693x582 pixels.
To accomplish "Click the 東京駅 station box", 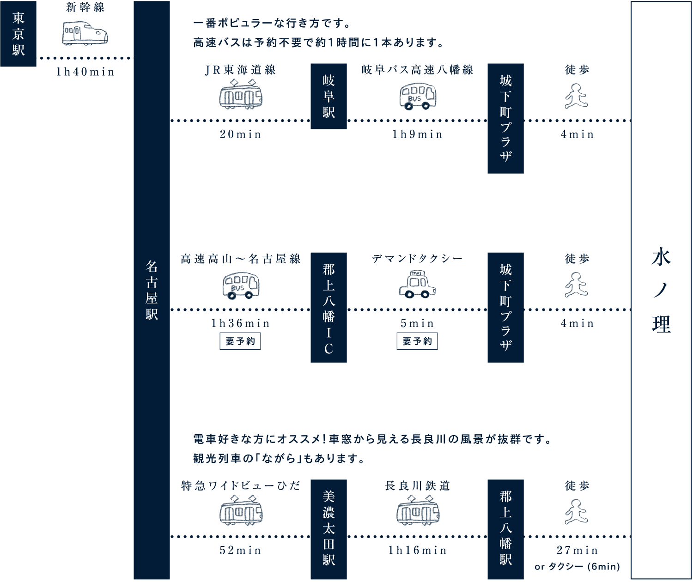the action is [18, 34].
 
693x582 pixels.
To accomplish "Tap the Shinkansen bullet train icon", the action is [85, 34].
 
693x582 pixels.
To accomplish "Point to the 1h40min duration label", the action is [85, 72].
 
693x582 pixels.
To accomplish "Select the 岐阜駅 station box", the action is [328, 96].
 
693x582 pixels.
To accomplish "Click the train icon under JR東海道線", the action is [241, 94].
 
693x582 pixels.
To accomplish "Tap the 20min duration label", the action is [241, 134].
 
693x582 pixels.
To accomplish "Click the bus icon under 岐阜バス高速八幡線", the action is [418, 96].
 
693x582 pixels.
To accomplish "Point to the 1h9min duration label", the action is [418, 134].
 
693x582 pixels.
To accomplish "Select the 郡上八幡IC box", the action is [328, 308].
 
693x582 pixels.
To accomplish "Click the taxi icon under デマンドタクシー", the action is [417, 285].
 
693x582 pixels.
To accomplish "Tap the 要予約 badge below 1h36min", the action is [240, 341].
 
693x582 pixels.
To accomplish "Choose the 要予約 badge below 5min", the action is [417, 341].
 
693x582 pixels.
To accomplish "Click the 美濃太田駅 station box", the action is [328, 529].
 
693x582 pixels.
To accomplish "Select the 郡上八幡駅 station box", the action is [505, 529].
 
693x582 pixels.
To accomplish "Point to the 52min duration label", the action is [241, 551].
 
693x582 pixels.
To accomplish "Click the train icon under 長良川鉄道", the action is [418, 510].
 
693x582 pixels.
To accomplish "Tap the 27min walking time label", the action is [577, 551].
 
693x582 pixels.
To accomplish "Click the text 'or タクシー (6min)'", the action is [577, 567].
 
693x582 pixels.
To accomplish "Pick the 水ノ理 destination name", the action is [661, 291].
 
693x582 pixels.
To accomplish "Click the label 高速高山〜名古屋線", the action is [241, 259].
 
